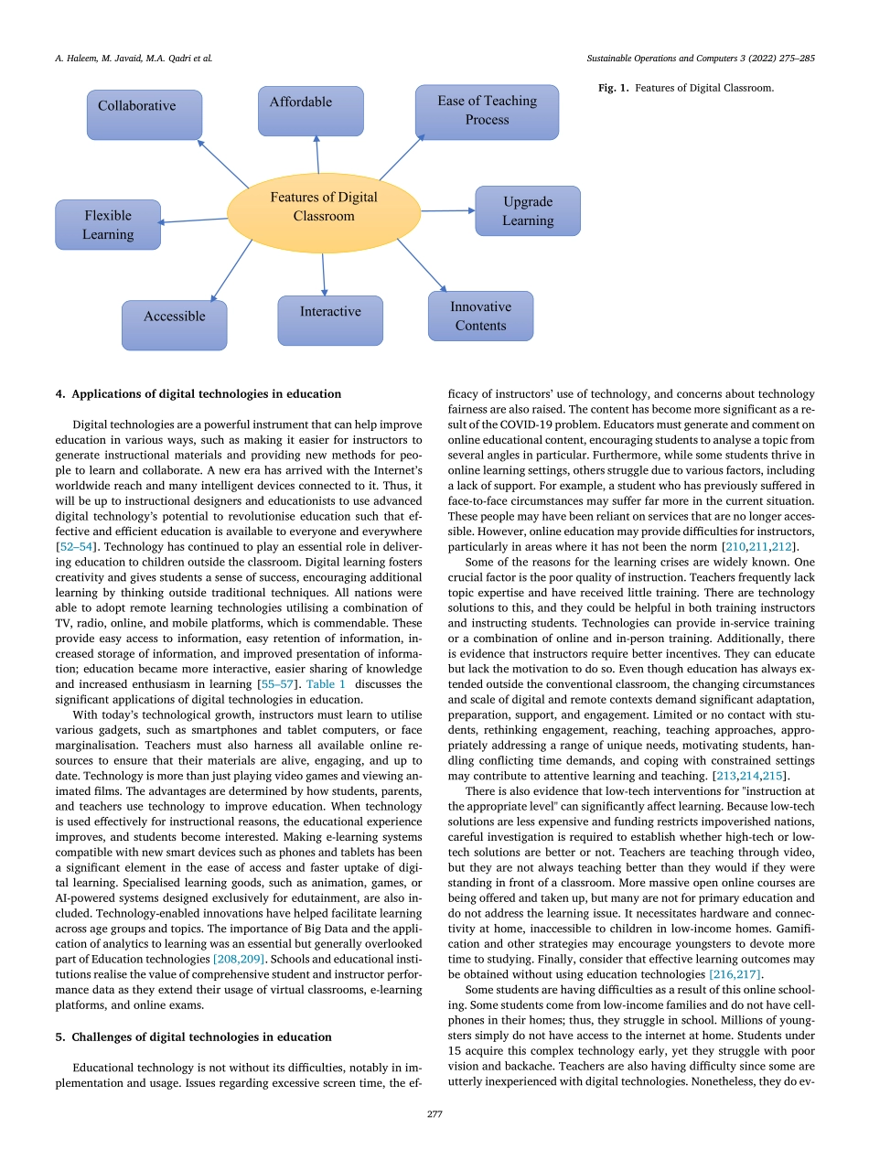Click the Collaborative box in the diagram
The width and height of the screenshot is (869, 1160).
145,114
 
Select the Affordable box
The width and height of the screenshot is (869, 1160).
310,111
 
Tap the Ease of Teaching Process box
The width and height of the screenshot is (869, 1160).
487,112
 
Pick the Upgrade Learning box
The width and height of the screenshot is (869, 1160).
528,211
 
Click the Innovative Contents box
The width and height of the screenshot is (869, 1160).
480,316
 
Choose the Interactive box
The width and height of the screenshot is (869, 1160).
330,320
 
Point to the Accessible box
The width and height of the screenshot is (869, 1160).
174,325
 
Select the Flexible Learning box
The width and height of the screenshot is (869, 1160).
108,225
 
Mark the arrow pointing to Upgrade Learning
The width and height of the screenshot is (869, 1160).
448,210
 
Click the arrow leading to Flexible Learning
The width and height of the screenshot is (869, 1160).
194,220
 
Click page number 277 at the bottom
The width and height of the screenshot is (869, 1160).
434,1114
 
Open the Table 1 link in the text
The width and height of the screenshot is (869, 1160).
326,683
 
